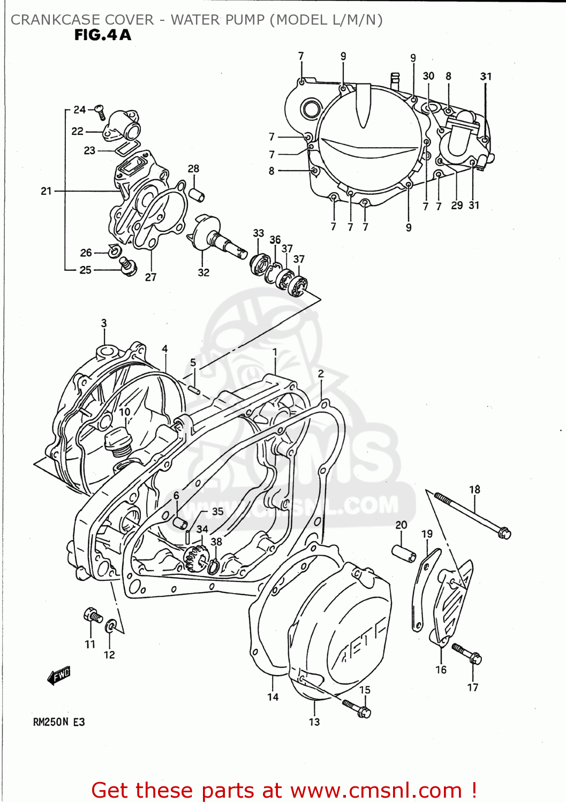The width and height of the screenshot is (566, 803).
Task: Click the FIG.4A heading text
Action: [x=102, y=35]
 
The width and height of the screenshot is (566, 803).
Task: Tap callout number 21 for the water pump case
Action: [x=46, y=191]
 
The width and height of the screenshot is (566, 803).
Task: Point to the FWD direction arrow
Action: [x=59, y=676]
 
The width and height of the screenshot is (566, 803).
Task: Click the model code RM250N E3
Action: [x=59, y=722]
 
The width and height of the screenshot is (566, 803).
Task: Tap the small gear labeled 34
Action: [x=195, y=558]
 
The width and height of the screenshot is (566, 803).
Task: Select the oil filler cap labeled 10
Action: [x=117, y=443]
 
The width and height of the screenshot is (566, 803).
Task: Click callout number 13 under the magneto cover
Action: [x=314, y=722]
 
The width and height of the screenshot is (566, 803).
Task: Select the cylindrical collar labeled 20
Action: [x=405, y=554]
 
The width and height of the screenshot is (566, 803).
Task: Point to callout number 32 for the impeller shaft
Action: [x=203, y=272]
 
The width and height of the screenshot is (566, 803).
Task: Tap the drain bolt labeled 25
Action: [x=128, y=266]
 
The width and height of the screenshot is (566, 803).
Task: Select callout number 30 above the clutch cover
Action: [x=428, y=76]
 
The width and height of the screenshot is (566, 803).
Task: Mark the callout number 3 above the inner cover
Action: [x=104, y=323]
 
